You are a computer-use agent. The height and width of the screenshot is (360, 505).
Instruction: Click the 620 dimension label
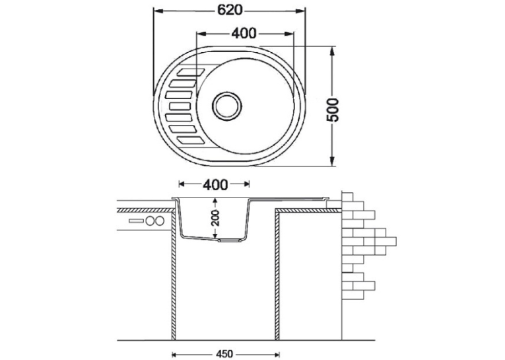click(x=230, y=11)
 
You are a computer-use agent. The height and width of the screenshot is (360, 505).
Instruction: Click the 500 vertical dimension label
click(x=333, y=110)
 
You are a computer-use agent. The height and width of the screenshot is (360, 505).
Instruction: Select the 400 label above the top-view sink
click(x=244, y=33)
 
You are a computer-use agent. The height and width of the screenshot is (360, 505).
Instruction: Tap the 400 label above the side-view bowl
click(x=215, y=184)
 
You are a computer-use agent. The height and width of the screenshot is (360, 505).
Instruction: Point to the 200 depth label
click(x=215, y=217)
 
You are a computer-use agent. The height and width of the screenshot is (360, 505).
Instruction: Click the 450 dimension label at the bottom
click(x=224, y=354)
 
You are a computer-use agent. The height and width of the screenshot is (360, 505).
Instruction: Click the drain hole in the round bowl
click(x=226, y=106)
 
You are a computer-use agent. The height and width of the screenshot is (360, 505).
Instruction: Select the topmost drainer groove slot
click(x=190, y=72)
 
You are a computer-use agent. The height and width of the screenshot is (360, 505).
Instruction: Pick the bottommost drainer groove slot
click(x=190, y=140)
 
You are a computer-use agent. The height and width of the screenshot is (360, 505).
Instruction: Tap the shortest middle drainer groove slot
click(x=180, y=106)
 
